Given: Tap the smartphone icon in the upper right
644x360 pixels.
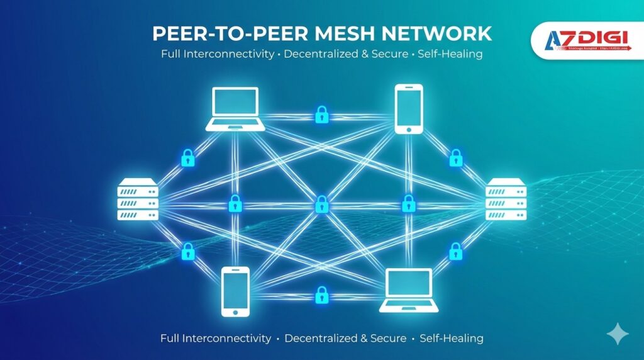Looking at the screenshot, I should (409, 109).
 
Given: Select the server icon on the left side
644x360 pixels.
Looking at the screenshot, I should (136, 200).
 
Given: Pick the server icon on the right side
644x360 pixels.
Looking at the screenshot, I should (505, 200).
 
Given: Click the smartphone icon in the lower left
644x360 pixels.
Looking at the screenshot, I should (236, 291).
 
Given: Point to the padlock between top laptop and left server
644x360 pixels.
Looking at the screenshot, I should (187, 158).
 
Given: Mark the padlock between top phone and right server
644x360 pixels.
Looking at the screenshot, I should (455, 158).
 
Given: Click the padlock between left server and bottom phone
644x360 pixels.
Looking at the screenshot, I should (187, 252).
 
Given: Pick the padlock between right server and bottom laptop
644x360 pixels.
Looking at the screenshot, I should (455, 252).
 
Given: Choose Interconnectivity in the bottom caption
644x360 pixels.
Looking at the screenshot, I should (227, 338).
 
